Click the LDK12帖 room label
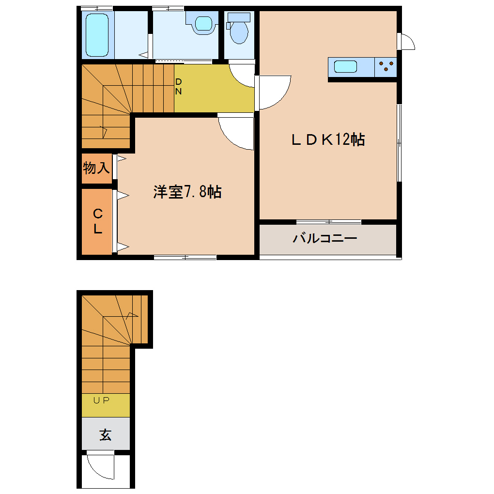(x=327, y=139)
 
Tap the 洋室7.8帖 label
(x=187, y=192)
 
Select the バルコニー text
(x=325, y=238)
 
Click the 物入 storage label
(x=96, y=169)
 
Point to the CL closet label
(x=98, y=221)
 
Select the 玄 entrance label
(x=105, y=434)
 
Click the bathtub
(x=97, y=35)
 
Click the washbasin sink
(x=202, y=23)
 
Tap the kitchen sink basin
(x=346, y=66)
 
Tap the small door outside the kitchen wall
(x=406, y=42)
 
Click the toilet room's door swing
(x=242, y=75)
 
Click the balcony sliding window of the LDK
(x=328, y=222)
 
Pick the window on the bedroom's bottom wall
(x=185, y=257)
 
